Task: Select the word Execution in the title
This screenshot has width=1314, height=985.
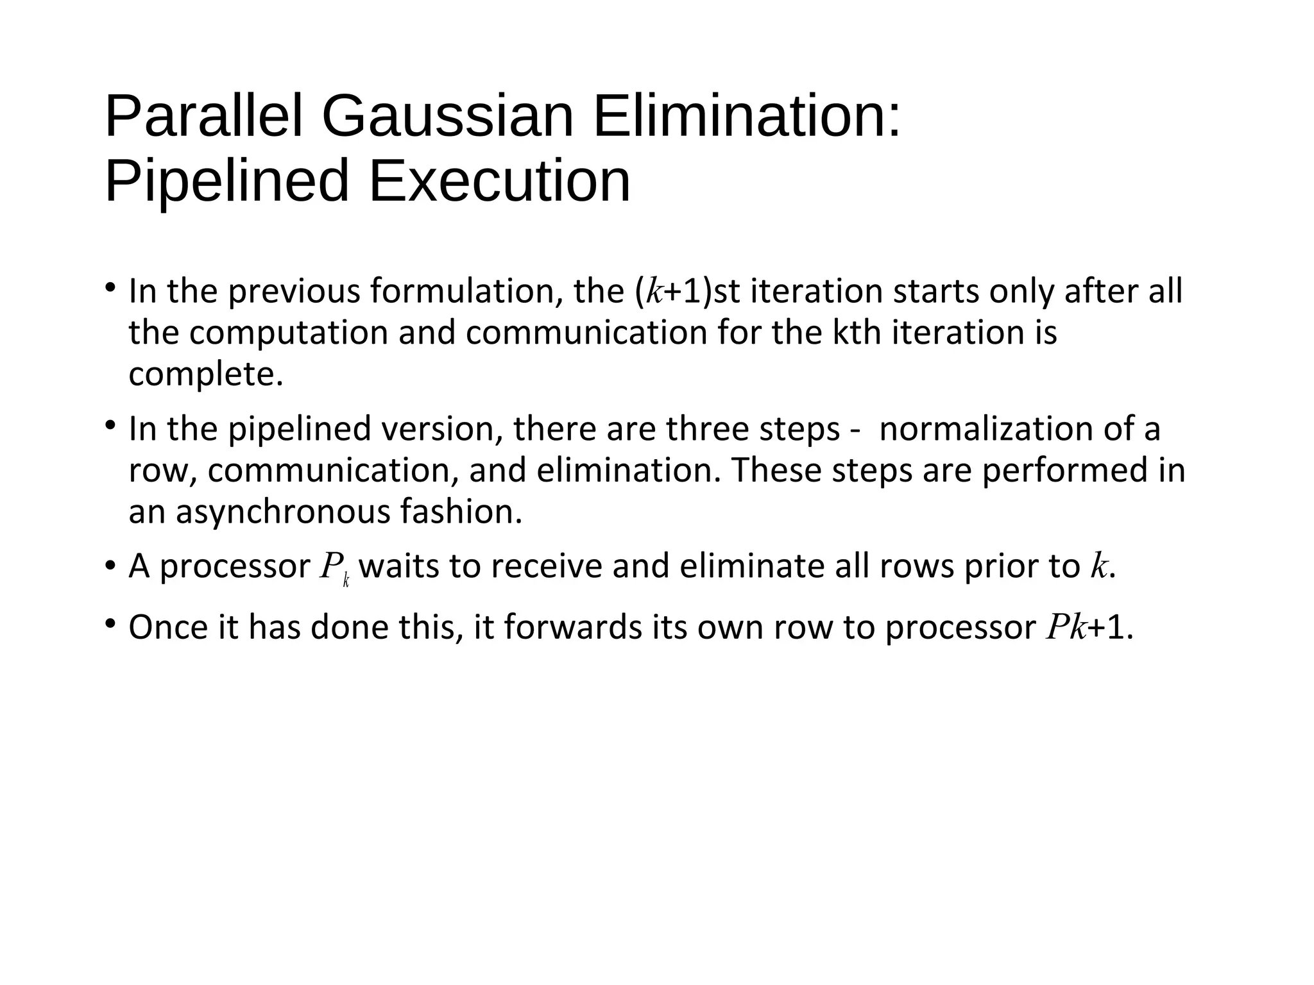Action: coord(500,181)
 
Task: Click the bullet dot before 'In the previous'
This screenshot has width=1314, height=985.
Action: coord(111,287)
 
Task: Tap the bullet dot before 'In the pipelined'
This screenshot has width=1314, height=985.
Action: coord(111,424)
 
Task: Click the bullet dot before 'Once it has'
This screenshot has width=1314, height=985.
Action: coord(111,623)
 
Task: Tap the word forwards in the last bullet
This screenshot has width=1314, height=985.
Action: coord(572,628)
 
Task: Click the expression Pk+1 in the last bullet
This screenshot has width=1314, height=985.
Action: coord(1088,628)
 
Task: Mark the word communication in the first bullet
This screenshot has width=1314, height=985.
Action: coord(586,333)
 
